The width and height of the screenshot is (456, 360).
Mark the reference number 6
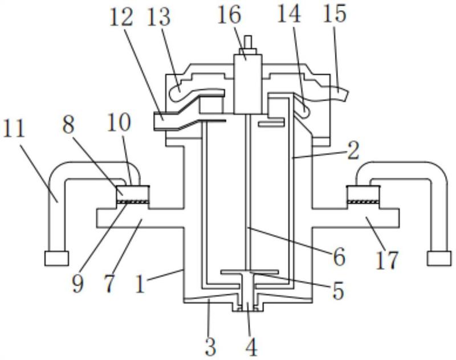pos(339,257)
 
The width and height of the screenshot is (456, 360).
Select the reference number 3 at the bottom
pos(210,346)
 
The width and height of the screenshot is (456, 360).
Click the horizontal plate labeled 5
pos(250,272)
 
